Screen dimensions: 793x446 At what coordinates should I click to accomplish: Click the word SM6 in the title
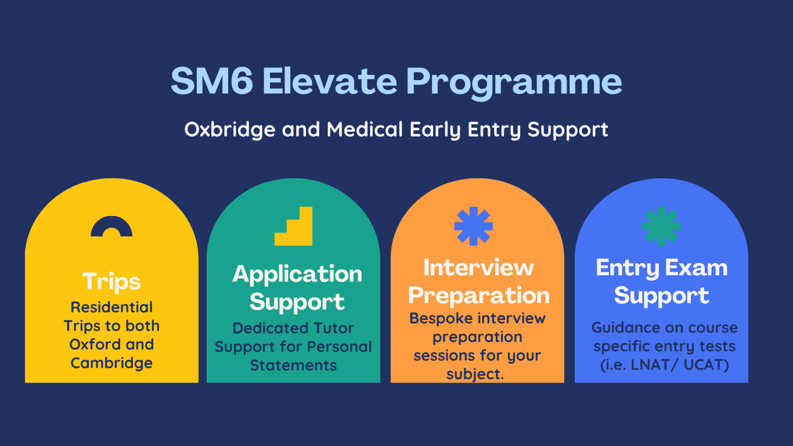point(212,81)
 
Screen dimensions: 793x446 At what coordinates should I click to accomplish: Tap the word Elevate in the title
point(330,81)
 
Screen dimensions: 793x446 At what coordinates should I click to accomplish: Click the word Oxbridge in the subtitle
point(230,129)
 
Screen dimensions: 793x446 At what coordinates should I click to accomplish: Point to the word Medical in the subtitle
point(365,129)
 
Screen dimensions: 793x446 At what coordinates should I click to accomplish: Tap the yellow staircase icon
point(294,226)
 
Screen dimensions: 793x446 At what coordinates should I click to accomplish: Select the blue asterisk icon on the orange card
point(473,226)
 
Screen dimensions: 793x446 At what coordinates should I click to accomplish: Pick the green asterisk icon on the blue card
point(661,226)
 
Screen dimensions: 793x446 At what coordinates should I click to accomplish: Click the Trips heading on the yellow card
point(111,282)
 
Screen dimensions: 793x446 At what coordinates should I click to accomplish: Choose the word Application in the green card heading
point(297,275)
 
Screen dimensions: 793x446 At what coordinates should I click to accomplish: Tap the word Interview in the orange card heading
point(478,268)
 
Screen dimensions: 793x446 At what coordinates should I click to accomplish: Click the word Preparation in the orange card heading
point(478,296)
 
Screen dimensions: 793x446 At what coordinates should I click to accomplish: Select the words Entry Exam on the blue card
point(662,268)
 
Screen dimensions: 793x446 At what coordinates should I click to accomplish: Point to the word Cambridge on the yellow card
point(111,364)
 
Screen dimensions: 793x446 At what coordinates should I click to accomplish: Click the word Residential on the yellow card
point(111,307)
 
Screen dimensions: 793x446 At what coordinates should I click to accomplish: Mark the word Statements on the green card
point(294,365)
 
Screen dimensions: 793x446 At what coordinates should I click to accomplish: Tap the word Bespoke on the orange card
point(436,319)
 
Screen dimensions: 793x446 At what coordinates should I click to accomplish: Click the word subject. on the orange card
point(475,375)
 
